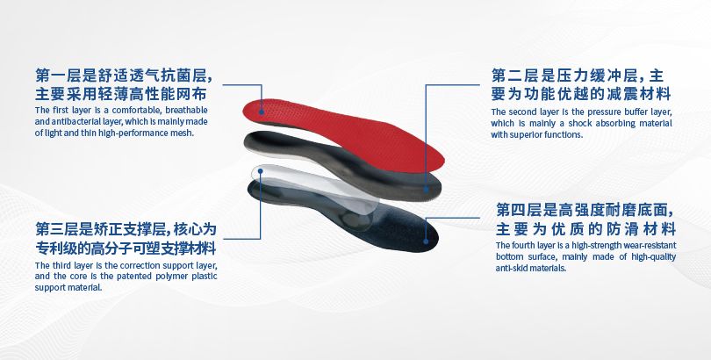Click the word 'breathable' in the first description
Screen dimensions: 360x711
tap(187, 110)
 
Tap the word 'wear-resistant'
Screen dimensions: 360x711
tap(646, 245)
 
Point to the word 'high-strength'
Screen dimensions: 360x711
tap(600, 245)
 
